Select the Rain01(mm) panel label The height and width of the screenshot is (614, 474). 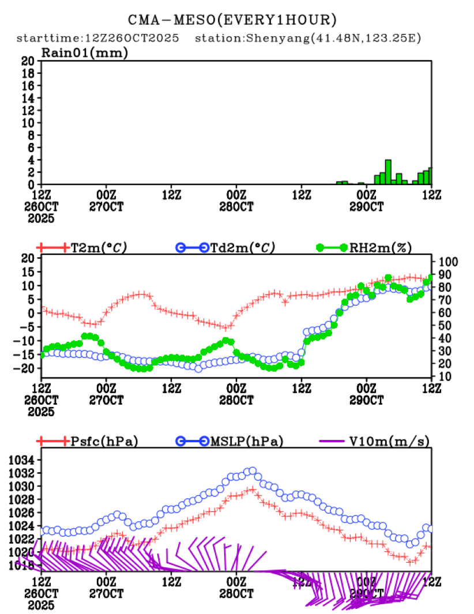point(84,53)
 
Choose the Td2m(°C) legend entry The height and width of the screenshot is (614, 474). point(239,247)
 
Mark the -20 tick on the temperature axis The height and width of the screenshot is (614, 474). point(27,368)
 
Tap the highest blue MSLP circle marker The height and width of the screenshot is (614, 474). point(251,471)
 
